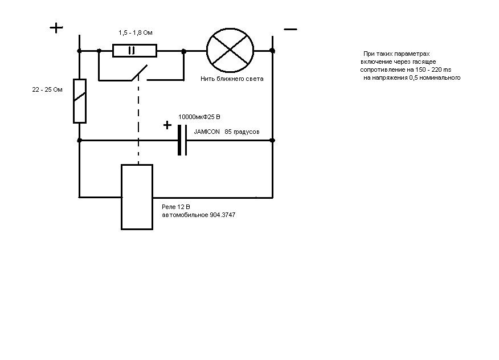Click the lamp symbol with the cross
(x=230, y=51)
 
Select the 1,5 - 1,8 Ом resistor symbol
(x=134, y=51)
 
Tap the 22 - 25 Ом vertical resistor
(x=80, y=101)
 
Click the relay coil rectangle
(x=137, y=197)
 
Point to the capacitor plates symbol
(x=182, y=140)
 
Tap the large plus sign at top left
(x=56, y=28)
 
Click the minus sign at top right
(x=291, y=29)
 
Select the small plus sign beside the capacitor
(x=167, y=125)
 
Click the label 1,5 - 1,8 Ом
(x=136, y=33)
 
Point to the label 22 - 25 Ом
(x=47, y=90)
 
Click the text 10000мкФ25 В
(x=199, y=117)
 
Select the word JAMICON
(x=206, y=132)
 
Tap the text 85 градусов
(x=242, y=132)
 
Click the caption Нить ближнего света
(x=232, y=79)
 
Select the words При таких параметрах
(x=396, y=53)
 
